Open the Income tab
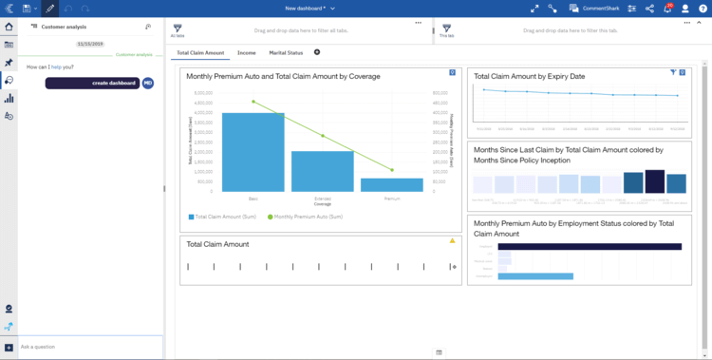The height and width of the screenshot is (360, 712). [246, 52]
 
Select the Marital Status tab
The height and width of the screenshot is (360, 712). [286, 52]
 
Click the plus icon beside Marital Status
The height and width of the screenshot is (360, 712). [317, 52]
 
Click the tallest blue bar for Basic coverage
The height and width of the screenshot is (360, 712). [253, 152]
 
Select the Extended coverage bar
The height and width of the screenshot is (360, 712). [323, 171]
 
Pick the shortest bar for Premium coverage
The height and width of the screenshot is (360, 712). [391, 184]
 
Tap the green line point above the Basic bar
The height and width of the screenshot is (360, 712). [253, 102]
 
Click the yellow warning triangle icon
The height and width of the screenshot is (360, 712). [452, 241]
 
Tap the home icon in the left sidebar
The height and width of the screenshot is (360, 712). [9, 27]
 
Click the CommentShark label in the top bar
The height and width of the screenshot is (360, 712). [601, 8]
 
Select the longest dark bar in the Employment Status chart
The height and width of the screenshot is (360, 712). [590, 246]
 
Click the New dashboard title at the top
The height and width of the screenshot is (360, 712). [305, 8]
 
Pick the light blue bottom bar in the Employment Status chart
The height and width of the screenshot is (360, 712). [535, 276]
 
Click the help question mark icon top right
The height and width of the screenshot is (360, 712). [703, 8]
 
